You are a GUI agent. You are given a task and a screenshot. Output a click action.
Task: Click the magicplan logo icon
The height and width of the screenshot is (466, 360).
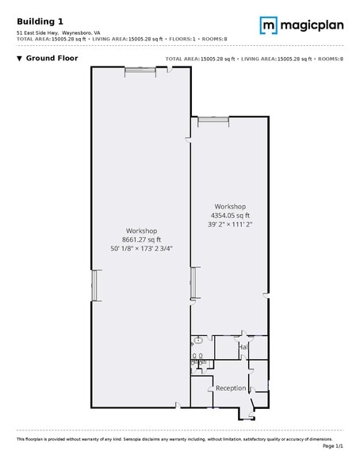click(269, 25)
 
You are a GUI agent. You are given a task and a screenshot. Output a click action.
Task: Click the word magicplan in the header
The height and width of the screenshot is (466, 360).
click(308, 25)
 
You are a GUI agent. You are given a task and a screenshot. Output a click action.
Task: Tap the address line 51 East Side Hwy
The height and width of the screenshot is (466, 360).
click(38, 32)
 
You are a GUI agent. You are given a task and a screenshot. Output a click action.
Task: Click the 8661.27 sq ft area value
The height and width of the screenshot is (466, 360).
click(141, 239)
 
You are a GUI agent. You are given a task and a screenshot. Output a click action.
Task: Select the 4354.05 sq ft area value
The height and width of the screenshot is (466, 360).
click(230, 215)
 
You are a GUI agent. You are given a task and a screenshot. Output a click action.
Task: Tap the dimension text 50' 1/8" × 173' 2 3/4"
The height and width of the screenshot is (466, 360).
click(141, 248)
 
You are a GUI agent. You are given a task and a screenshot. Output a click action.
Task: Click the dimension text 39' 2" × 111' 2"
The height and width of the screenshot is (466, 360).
click(230, 223)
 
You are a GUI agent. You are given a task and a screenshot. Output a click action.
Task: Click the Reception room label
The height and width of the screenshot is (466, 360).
click(231, 388)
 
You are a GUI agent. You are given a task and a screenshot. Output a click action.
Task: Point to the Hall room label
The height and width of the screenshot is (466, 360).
click(243, 347)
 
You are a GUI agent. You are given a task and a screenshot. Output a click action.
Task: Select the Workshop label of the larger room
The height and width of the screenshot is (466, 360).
click(141, 231)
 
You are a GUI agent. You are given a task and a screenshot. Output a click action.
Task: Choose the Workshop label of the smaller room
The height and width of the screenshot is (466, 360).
click(230, 206)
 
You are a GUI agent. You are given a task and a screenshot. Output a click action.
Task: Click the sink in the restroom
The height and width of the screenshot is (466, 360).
click(198, 341)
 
